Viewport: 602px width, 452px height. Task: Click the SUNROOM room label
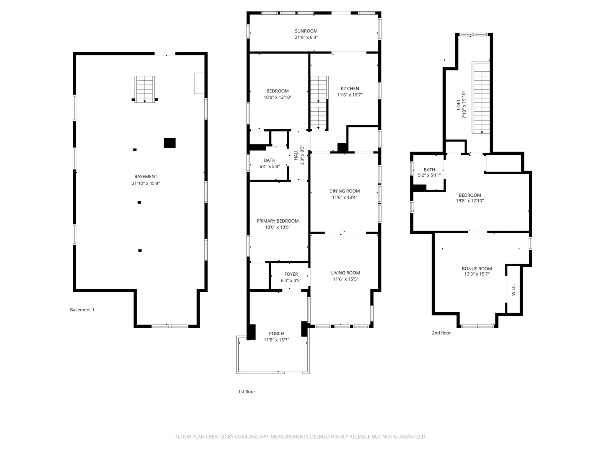pyautogui.click(x=306, y=31)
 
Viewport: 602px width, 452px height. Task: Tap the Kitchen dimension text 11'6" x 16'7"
pyautogui.click(x=349, y=95)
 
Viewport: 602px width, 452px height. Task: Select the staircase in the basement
pyautogui.click(x=145, y=89)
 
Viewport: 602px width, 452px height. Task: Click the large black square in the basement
pyautogui.click(x=169, y=143)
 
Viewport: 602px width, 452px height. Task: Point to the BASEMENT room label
pyautogui.click(x=145, y=177)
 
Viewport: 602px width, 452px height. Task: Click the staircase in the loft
pyautogui.click(x=481, y=98)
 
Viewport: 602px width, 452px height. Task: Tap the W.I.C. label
pyautogui.click(x=513, y=290)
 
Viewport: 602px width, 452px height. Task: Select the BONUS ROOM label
pyautogui.click(x=477, y=269)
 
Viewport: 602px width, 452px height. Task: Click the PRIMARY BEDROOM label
pyautogui.click(x=278, y=221)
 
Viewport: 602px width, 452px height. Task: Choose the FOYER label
pyautogui.click(x=291, y=275)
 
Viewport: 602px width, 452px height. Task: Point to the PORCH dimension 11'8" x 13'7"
pyautogui.click(x=276, y=340)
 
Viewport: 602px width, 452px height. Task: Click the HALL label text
pyautogui.click(x=296, y=155)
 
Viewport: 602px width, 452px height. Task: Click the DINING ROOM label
pyautogui.click(x=344, y=191)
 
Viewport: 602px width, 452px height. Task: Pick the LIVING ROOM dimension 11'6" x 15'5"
pyautogui.click(x=345, y=279)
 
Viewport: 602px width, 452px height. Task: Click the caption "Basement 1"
pyautogui.click(x=82, y=310)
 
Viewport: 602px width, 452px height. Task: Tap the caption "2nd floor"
pyautogui.click(x=441, y=333)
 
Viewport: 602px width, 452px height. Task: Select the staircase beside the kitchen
pyautogui.click(x=319, y=103)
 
